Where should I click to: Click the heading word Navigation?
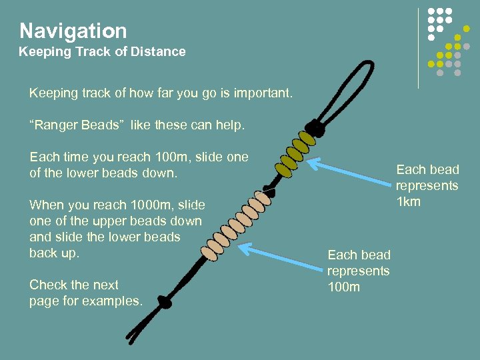click(x=73, y=31)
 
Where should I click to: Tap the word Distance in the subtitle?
click(x=158, y=51)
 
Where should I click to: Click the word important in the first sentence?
click(x=263, y=93)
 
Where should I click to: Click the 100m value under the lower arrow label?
click(x=343, y=287)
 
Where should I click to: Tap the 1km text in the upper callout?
click(x=409, y=201)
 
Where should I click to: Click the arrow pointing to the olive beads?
click(x=349, y=172)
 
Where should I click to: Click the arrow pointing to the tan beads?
click(x=280, y=257)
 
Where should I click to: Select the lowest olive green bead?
click(x=284, y=171)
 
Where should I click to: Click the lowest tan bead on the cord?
click(x=209, y=253)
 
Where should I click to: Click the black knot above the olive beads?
click(x=315, y=127)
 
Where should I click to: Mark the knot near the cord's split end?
click(x=165, y=302)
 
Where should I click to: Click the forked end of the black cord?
click(x=131, y=336)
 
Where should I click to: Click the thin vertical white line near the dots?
click(x=419, y=49)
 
